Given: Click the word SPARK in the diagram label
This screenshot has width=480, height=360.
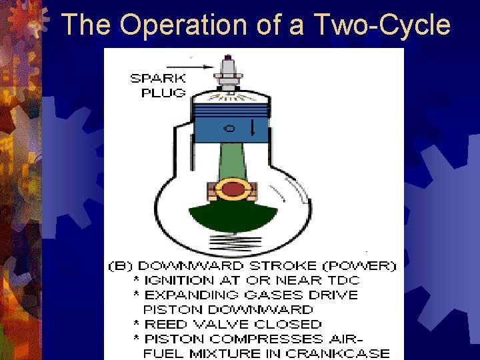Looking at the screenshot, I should [158, 78].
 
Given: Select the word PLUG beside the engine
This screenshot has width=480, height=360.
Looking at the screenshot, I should [164, 93].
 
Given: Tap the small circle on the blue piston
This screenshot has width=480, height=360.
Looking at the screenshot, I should [229, 128].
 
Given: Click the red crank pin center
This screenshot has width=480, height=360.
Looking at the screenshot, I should [233, 190].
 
